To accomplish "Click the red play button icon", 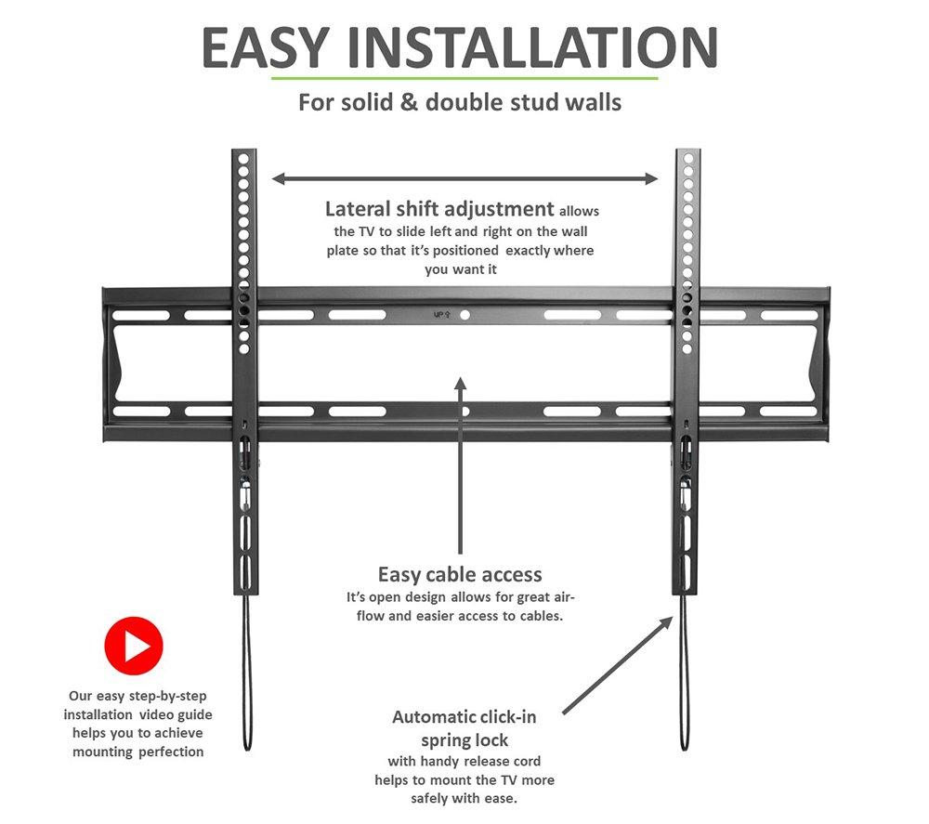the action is pos(133,646).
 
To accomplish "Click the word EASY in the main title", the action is pos(265,47).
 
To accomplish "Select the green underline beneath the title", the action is pos(464,78).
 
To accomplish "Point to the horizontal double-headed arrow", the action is pos(464,178).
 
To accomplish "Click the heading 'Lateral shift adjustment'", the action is pos(439,209).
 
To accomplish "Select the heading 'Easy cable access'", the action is pos(460,575).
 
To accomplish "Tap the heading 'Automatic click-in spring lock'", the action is pos(464,728).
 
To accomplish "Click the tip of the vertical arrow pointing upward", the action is pos(461,377).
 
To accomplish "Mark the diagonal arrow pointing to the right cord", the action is pos(618,665).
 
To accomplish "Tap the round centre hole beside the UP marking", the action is pos(465,315).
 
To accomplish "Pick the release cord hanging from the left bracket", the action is pos(247,673).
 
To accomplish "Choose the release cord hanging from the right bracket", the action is pos(685,673).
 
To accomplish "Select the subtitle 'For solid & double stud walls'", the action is pos(460,102).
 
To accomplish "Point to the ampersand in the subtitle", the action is pos(409,102).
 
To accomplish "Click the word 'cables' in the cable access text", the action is pos(541,616).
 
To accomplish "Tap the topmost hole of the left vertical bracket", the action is pos(242,159).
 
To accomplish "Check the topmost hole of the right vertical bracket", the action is pos(687,159).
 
